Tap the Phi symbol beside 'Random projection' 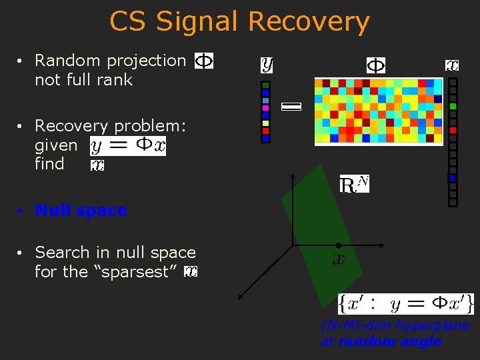pos(203,61)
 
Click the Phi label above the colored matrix pos(376,65)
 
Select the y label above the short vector pos(267,65)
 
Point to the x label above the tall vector pos(452,65)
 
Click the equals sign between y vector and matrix pos(291,106)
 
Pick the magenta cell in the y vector pos(265,108)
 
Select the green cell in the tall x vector pos(453,107)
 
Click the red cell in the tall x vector pos(453,131)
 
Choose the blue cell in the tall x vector pos(453,178)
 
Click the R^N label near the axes pos(354,185)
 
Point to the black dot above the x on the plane pos(339,245)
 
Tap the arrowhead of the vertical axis pos(293,177)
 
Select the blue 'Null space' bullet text pos(81,211)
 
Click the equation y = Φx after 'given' pos(127,145)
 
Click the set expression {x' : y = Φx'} pos(406,304)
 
